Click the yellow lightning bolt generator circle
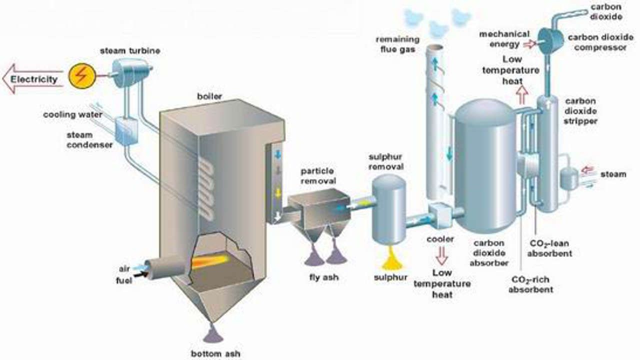[x=81, y=76]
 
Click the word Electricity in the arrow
[x=34, y=79]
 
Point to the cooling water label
[x=72, y=114]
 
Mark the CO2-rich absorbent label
[x=530, y=284]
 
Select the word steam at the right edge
[x=612, y=174]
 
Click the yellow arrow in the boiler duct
[x=278, y=192]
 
